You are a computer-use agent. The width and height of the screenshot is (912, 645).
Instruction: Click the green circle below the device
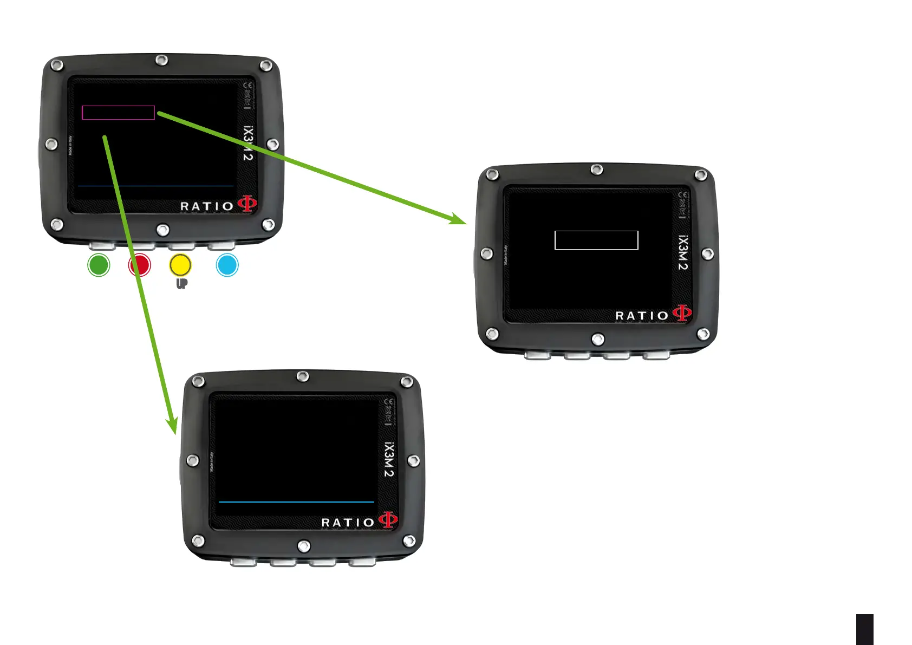tap(99, 265)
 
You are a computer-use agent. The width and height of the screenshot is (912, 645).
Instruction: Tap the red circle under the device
tap(139, 265)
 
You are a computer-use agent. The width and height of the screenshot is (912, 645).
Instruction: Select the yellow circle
tap(180, 265)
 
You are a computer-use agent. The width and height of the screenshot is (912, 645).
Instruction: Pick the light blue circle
tap(227, 265)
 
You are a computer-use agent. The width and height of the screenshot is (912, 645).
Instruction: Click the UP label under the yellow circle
tap(181, 284)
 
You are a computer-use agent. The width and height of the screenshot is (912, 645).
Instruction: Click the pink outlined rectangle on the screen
tap(118, 113)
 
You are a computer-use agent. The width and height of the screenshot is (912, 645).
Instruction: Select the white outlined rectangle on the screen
tap(596, 240)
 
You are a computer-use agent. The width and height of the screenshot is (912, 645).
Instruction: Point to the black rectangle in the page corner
tap(865, 629)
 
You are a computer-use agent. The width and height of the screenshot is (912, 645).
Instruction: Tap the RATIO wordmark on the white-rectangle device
tap(642, 316)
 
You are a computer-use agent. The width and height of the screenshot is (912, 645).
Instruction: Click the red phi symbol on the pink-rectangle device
tap(247, 204)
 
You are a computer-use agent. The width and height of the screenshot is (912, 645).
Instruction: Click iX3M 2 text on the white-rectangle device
tap(683, 252)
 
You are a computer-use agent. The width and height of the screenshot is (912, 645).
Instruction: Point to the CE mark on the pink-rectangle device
tap(248, 86)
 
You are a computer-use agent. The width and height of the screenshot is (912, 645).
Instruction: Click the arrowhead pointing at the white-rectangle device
tap(459, 219)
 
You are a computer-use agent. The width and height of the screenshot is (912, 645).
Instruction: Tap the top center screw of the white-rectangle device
tap(596, 170)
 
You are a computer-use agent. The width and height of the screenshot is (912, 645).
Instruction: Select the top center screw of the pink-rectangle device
tap(161, 60)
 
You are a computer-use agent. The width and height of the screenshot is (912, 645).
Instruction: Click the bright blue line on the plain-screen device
tap(296, 502)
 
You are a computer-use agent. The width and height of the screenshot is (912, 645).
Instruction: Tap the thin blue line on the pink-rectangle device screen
tap(155, 186)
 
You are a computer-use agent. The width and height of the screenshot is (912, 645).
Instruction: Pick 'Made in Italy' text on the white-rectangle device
tap(506, 255)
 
